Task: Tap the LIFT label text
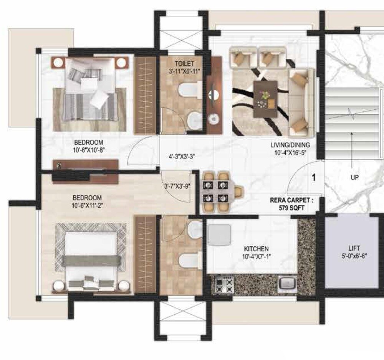352,248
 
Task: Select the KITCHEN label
255,249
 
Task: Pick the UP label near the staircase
354,178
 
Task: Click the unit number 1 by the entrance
313,178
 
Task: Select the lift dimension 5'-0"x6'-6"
352,256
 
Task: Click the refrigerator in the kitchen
219,235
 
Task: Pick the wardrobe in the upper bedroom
146,94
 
